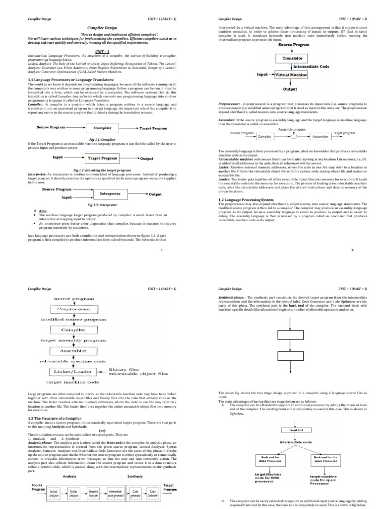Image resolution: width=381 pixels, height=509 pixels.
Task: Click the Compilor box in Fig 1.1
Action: tap(103, 128)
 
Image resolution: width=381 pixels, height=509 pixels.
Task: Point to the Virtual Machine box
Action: tap(291, 75)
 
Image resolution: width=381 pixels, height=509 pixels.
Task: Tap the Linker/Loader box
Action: tap(73, 371)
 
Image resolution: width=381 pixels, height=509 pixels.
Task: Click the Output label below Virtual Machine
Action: tap(290, 89)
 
